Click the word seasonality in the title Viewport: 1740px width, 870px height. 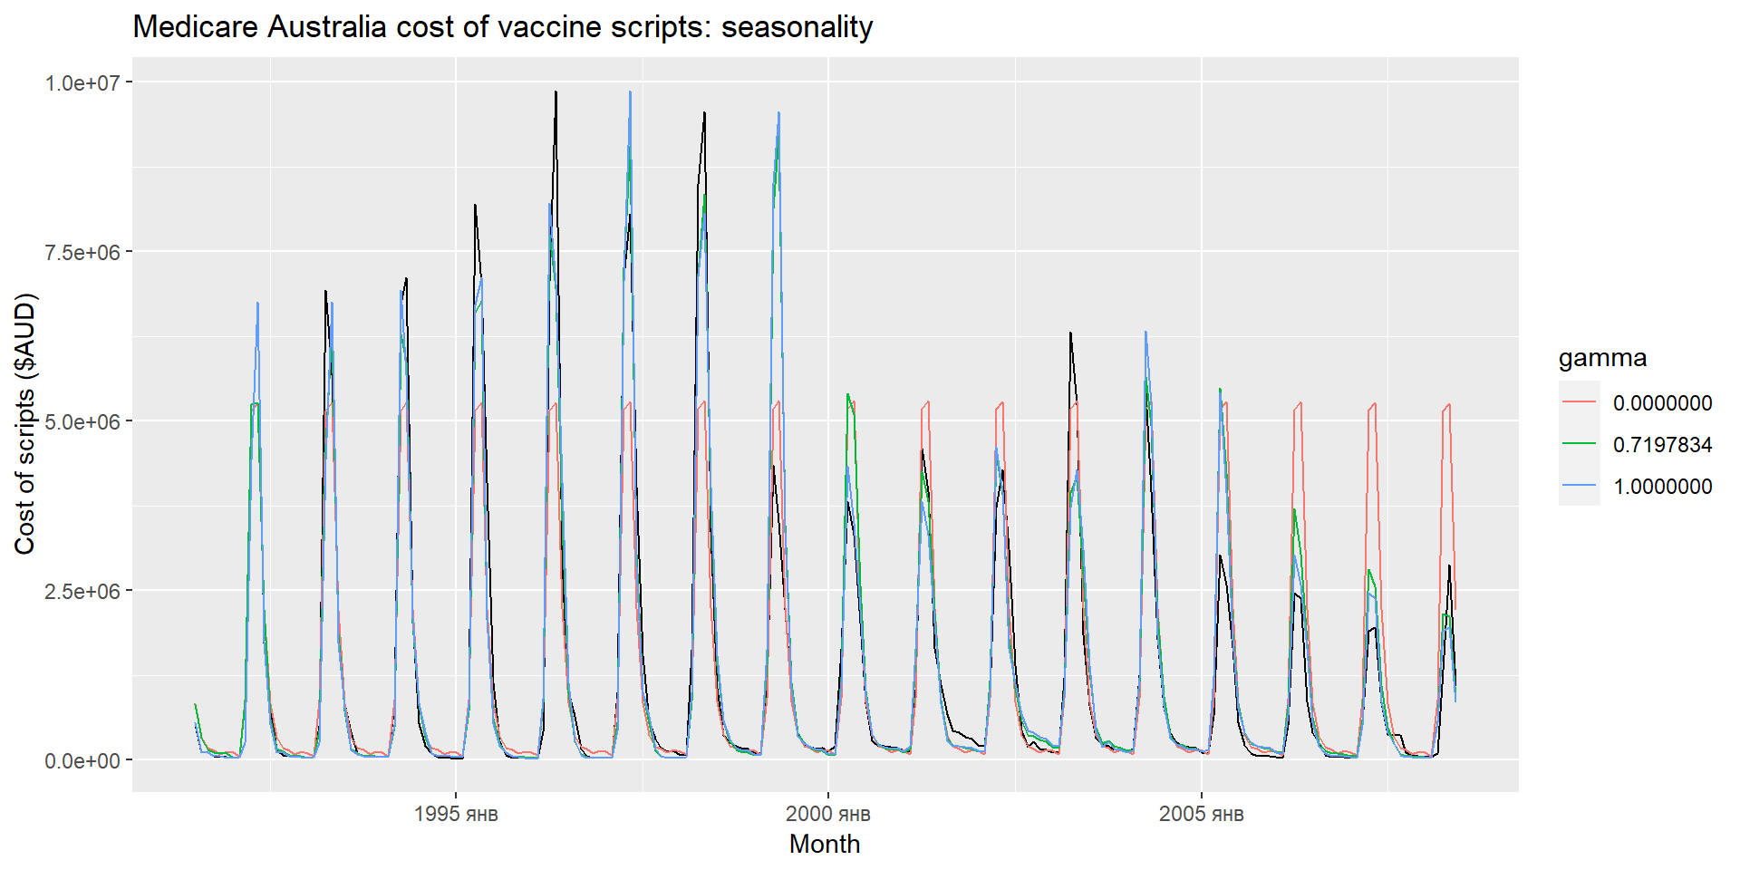797,27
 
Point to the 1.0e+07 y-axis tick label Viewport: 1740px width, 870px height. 82,82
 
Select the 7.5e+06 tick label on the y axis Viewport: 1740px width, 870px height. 82,252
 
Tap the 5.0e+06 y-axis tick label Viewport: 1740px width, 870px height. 82,421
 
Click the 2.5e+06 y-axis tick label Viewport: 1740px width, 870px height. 82,591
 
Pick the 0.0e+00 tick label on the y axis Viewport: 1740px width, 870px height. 82,760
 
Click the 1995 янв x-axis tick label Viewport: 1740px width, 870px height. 456,814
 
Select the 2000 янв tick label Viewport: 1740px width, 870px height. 828,814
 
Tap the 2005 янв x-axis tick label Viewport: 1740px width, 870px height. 1202,814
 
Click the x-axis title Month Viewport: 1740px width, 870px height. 825,844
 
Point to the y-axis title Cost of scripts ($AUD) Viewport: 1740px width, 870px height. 24,423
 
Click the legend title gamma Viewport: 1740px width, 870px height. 1602,358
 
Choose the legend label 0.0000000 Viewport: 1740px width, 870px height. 1662,403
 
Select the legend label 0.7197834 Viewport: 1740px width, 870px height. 1662,445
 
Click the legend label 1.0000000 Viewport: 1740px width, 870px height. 1662,487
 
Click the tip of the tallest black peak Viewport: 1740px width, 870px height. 556,92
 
